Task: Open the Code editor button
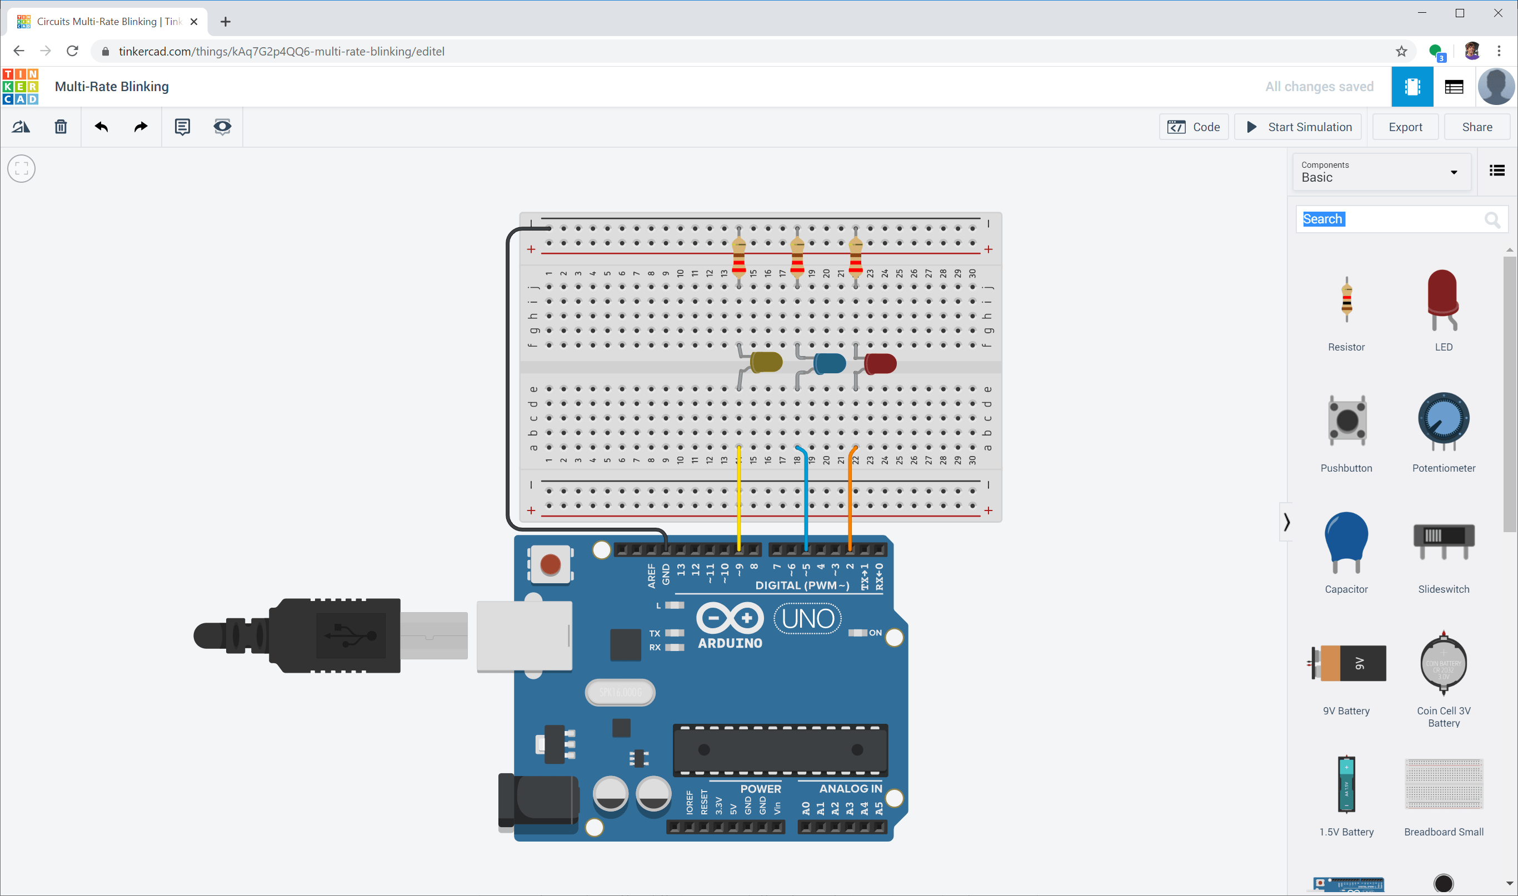click(1194, 127)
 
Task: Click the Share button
click(1476, 127)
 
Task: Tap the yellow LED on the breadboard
click(766, 362)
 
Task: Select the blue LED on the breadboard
click(830, 363)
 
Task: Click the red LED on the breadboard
click(880, 363)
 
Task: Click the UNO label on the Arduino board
click(807, 618)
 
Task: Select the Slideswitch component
click(1443, 540)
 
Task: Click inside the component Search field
click(1389, 219)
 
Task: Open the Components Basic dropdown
click(1381, 172)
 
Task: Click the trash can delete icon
click(61, 127)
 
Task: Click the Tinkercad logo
click(21, 86)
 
